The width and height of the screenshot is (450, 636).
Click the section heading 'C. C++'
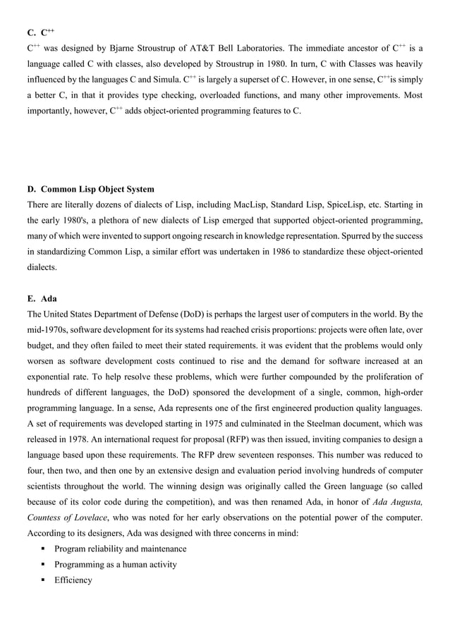[x=41, y=32]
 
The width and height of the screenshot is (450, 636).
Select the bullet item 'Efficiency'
[x=73, y=580]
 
